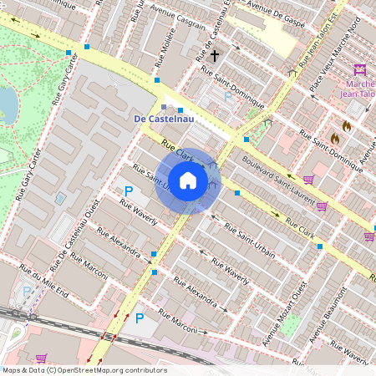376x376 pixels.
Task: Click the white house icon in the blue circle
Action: point(188,180)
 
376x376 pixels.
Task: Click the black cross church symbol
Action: point(215,56)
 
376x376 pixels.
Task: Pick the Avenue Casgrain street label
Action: point(178,26)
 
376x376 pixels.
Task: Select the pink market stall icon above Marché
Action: point(360,70)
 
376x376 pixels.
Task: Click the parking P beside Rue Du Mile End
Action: point(27,292)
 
